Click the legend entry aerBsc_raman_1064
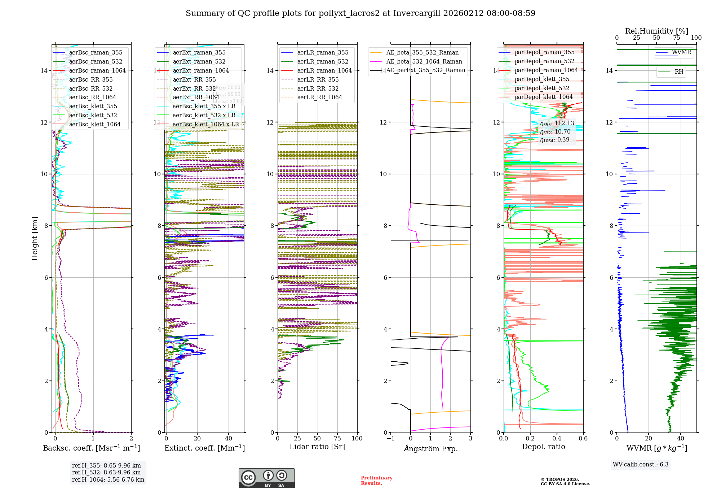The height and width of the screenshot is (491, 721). coord(97,70)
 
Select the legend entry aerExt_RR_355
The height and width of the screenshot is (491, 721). coord(194,79)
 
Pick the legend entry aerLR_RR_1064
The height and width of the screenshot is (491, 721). coord(319,97)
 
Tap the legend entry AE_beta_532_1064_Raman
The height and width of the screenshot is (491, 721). coord(424,61)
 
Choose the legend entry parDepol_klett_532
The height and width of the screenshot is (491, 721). coord(542,88)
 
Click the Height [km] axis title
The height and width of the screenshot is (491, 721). coord(35,239)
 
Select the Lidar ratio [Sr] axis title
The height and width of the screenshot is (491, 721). coord(317,447)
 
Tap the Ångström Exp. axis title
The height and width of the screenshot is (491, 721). coord(431,448)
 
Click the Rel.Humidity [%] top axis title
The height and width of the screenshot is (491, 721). coord(656,31)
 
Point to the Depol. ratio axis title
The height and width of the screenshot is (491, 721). coord(543,447)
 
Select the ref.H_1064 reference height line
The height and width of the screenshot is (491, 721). coord(108,480)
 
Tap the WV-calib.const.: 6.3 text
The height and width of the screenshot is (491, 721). coord(641,465)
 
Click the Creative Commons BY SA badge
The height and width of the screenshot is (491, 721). coord(266,478)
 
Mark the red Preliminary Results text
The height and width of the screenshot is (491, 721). coord(376,481)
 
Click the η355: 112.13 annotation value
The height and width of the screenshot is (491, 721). coord(557,123)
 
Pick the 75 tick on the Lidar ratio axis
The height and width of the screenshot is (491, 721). coord(337,438)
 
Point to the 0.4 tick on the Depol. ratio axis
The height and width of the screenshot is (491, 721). coord(557,438)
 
